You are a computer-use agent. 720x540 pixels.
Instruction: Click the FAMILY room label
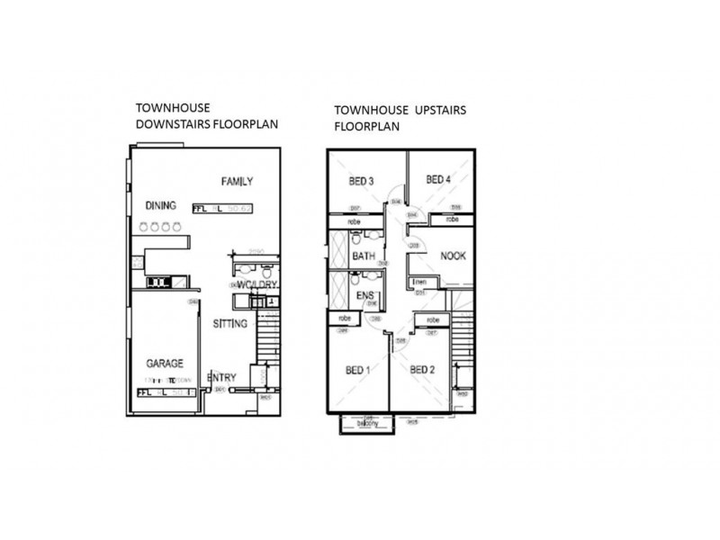(x=237, y=182)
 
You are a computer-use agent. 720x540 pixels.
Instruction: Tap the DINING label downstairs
(x=160, y=205)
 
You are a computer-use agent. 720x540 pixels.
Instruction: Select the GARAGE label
(x=165, y=364)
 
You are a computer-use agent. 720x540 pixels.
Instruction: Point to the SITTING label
(x=230, y=323)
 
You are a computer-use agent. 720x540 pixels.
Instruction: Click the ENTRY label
(x=221, y=378)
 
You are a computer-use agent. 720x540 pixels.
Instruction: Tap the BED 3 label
(x=361, y=182)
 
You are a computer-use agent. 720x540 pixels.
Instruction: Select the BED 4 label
(x=438, y=180)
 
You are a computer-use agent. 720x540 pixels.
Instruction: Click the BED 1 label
(x=358, y=369)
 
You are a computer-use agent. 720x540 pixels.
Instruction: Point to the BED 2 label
(x=423, y=369)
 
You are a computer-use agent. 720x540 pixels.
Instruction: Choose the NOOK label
(x=452, y=256)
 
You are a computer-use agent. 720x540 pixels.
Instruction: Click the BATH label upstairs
(x=364, y=257)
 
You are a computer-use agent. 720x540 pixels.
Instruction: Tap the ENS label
(x=365, y=295)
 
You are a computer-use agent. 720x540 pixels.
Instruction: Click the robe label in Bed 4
(x=454, y=219)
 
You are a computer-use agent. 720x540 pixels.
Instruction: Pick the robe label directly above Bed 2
(x=433, y=319)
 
